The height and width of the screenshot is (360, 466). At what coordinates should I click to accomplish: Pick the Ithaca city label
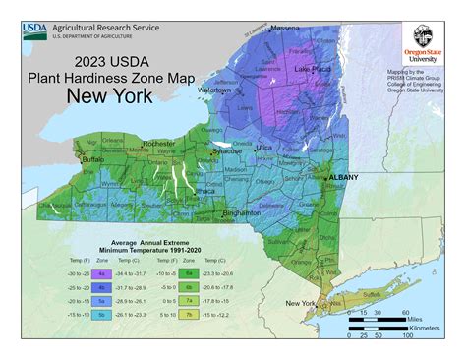point(206,192)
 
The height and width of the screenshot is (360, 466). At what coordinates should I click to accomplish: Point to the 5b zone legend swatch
point(101,315)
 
